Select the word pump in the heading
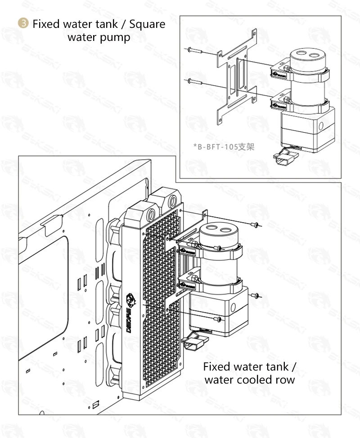click(116, 37)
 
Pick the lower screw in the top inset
click(194, 81)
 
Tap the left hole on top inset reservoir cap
click(298, 56)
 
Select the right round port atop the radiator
click(173, 200)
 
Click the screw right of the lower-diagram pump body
click(255, 295)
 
